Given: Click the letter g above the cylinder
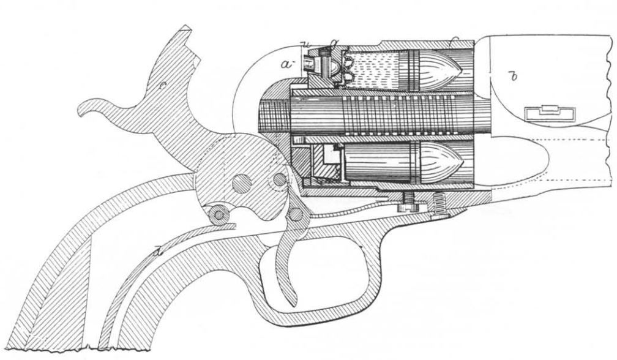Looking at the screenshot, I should (334, 40).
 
